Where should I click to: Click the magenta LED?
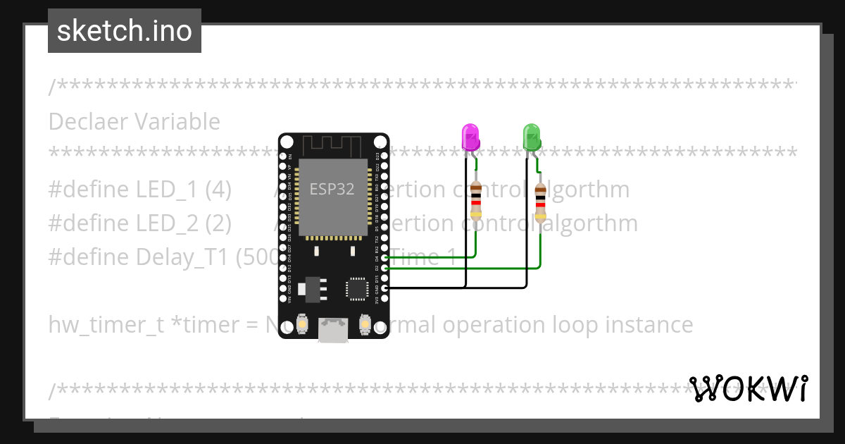pyautogui.click(x=470, y=136)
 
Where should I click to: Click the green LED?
pyautogui.click(x=531, y=136)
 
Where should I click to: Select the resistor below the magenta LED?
pyautogui.click(x=476, y=200)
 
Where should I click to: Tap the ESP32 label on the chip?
pyautogui.click(x=332, y=189)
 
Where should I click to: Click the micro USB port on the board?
pyautogui.click(x=333, y=329)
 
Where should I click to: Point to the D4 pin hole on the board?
pyautogui.click(x=384, y=259)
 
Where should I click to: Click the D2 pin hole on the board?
pyautogui.click(x=384, y=268)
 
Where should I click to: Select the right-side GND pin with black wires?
pyautogui.click(x=384, y=288)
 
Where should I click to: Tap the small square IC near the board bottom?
pyautogui.click(x=356, y=289)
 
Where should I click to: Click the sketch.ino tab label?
pyautogui.click(x=125, y=31)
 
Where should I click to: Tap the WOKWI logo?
pyautogui.click(x=749, y=388)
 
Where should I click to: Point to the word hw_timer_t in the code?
pyautogui.click(x=106, y=325)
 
